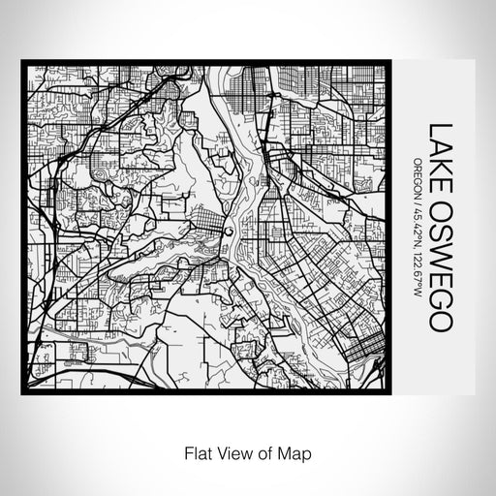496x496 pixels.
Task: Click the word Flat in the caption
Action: coord(189,452)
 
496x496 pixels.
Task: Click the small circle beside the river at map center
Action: coord(226,232)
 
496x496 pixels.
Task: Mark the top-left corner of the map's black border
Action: coord(22,63)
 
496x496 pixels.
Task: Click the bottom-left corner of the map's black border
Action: coord(22,392)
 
